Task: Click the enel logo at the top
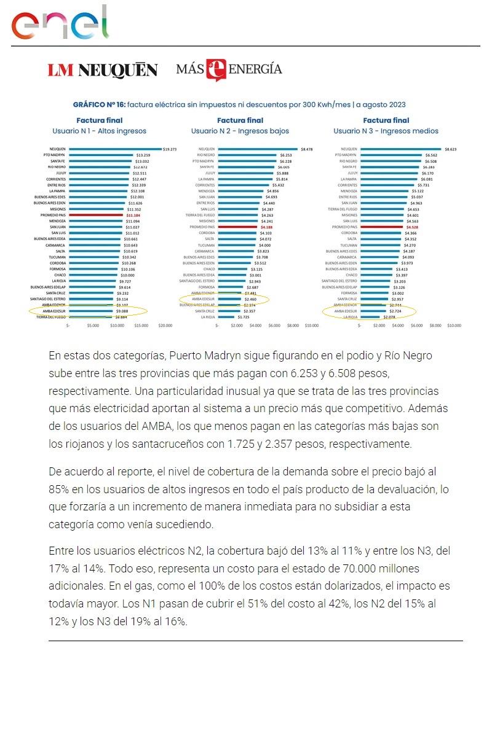pyautogui.click(x=60, y=23)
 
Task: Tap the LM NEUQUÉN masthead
pyautogui.click(x=103, y=70)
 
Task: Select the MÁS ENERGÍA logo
pyautogui.click(x=229, y=69)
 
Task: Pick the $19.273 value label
pyautogui.click(x=170, y=149)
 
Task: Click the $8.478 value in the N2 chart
pyautogui.click(x=307, y=149)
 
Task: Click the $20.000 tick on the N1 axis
pyautogui.click(x=165, y=326)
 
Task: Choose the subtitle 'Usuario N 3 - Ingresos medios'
pyautogui.click(x=386, y=131)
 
